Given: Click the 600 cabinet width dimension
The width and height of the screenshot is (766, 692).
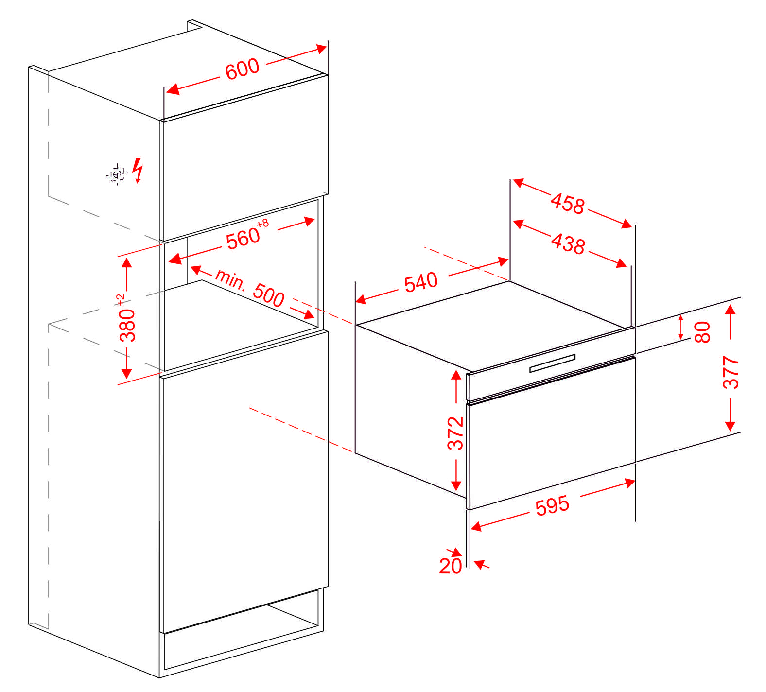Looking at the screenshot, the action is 242,68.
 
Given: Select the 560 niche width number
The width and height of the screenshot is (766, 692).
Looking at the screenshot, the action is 243,238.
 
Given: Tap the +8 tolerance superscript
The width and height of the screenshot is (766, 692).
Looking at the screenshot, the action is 262,224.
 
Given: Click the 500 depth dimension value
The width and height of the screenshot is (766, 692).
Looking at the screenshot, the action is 269,294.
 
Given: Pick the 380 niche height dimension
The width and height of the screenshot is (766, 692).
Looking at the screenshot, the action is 128,325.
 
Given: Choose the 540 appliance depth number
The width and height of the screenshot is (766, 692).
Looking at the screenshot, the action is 421,282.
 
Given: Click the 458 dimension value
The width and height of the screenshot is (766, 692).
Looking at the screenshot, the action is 568,203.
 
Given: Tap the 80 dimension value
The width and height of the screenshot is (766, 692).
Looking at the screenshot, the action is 703,332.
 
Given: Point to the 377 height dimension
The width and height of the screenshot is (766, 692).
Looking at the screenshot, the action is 731,372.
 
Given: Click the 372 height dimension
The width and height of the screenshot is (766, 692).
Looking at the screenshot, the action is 456,433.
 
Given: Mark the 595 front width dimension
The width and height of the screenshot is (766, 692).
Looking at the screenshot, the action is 552,506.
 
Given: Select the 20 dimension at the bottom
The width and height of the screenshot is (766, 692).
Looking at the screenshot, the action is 450,566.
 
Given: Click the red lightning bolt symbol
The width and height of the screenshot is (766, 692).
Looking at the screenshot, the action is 139,170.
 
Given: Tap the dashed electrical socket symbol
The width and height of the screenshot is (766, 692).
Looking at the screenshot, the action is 116,174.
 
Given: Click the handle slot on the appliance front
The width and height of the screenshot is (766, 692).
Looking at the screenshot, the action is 552,363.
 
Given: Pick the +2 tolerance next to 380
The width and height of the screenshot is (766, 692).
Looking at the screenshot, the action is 121,300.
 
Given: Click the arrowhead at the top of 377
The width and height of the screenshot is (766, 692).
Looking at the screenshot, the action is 730,309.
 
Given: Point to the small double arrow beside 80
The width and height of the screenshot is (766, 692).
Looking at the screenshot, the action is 680,327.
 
